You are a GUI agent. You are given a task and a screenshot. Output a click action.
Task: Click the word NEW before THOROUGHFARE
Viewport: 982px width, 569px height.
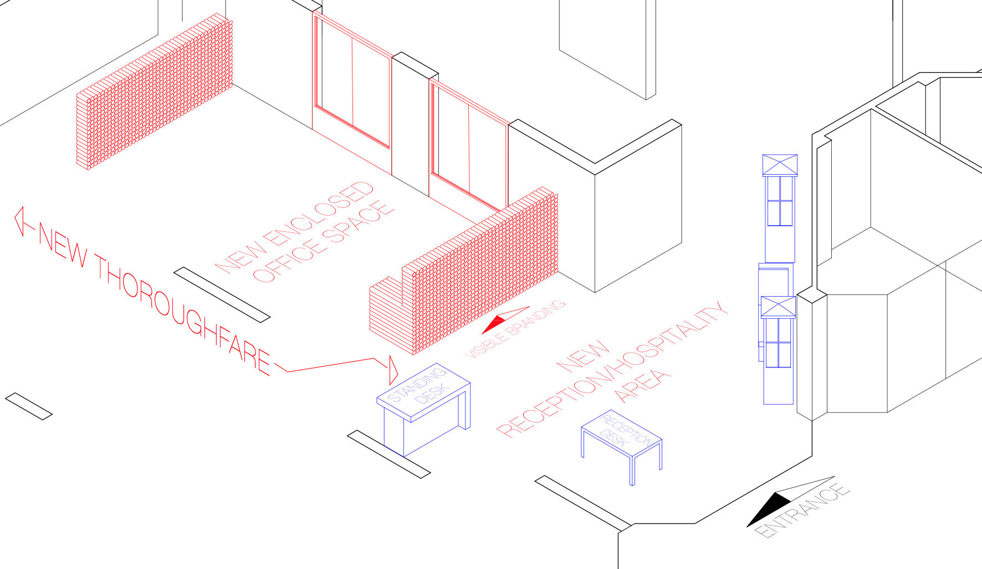tap(63, 246)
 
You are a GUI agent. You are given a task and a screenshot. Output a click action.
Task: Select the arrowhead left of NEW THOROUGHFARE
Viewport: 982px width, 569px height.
tap(20, 221)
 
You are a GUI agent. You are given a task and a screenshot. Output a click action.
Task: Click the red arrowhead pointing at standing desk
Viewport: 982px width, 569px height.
tap(393, 370)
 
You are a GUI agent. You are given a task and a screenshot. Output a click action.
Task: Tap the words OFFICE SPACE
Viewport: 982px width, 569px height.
tap(324, 241)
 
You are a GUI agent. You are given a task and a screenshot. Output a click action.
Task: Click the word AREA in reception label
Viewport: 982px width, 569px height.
tap(643, 385)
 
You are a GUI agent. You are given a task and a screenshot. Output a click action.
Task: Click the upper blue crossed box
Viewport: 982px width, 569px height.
tap(780, 165)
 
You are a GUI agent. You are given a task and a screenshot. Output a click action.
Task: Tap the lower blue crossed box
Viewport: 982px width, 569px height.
tap(778, 307)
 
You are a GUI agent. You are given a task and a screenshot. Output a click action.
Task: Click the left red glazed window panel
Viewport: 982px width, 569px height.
tap(352, 80)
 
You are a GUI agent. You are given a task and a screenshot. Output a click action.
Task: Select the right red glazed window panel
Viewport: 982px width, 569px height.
tap(469, 144)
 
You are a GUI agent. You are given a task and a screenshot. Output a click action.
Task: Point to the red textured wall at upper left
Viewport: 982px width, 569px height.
tap(155, 92)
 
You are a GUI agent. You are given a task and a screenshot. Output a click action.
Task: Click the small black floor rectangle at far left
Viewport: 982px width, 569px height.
tap(29, 407)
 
